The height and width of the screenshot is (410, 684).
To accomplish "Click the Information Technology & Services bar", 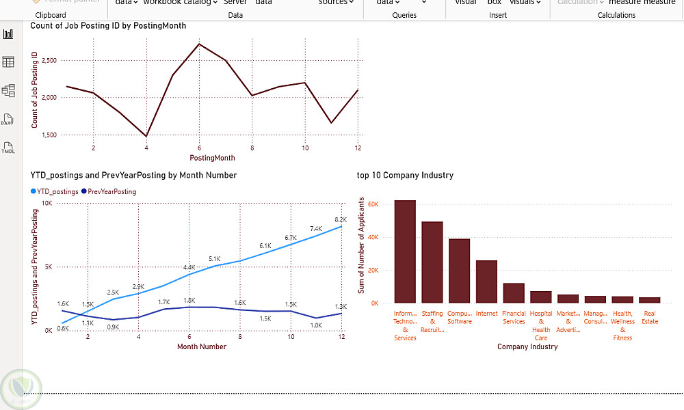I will (x=405, y=251).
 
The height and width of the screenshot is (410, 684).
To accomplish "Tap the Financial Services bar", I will (x=514, y=292).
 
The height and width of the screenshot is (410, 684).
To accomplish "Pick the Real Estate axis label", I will (x=650, y=317).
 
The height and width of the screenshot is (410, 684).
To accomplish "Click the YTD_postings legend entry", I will (x=55, y=192).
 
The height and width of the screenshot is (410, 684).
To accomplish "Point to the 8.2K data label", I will (x=341, y=219).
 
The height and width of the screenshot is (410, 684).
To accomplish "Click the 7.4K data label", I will (x=316, y=229).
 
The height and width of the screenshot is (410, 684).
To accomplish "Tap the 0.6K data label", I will (x=62, y=328).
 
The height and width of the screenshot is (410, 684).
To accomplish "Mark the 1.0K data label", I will (x=316, y=325).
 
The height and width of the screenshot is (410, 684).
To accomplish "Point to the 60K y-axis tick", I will (x=373, y=204).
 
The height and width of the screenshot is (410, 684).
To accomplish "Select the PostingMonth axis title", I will (x=211, y=158).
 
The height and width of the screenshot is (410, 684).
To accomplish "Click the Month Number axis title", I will (x=202, y=346).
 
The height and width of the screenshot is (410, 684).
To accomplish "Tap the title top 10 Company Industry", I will (x=405, y=175).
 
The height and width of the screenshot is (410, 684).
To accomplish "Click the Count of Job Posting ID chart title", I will (x=108, y=26).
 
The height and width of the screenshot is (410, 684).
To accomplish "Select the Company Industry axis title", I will (x=527, y=346).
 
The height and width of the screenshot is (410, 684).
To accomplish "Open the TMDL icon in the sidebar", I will (x=8, y=147).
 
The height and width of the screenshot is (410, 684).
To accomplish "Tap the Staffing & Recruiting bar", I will (x=432, y=262).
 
